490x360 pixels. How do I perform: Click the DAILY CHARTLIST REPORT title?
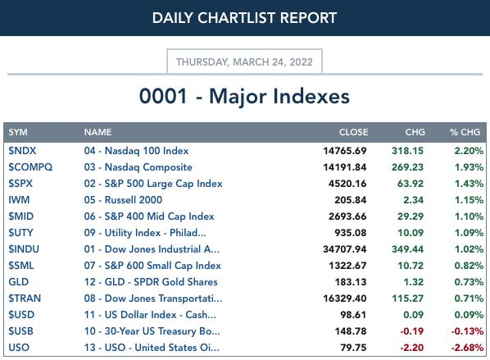pyautogui.click(x=244, y=17)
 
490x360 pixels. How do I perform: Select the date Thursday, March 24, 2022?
pyautogui.click(x=244, y=62)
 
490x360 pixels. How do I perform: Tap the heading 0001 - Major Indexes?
pyautogui.click(x=244, y=96)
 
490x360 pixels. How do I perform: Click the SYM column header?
pyautogui.click(x=18, y=132)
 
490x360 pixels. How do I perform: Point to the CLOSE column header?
pyautogui.click(x=353, y=132)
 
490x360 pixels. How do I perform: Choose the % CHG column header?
pyautogui.click(x=465, y=132)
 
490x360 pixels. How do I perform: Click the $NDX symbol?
pyautogui.click(x=22, y=151)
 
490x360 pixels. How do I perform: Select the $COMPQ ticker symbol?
pyautogui.click(x=30, y=167)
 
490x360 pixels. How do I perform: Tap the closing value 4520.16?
pyautogui.click(x=347, y=184)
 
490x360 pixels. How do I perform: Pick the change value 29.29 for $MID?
pyautogui.click(x=411, y=216)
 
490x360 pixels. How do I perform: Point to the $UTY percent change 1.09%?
pyautogui.click(x=469, y=233)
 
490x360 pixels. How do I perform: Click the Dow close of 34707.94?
pyautogui.click(x=345, y=249)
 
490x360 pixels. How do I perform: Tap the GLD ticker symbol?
pyautogui.click(x=19, y=282)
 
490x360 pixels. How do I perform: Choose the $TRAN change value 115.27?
pyautogui.click(x=408, y=298)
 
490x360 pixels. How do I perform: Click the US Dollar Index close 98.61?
pyautogui.click(x=353, y=315)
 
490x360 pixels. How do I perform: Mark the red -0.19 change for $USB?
pyautogui.click(x=412, y=331)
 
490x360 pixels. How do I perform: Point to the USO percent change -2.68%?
pyautogui.click(x=467, y=348)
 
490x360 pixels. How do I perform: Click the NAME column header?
pyautogui.click(x=98, y=132)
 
